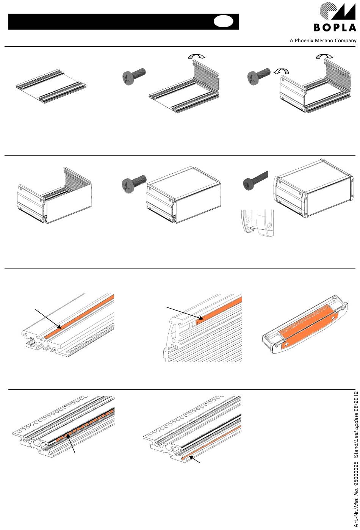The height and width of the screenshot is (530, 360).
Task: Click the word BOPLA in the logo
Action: click(x=335, y=28)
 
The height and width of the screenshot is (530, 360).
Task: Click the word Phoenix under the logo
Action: click(x=304, y=41)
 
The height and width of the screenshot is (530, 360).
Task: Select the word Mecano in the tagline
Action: click(x=323, y=41)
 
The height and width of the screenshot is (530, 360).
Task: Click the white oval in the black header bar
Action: click(x=224, y=21)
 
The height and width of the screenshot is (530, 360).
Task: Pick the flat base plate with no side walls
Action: click(x=51, y=86)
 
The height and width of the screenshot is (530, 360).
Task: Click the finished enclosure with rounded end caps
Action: click(x=314, y=188)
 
